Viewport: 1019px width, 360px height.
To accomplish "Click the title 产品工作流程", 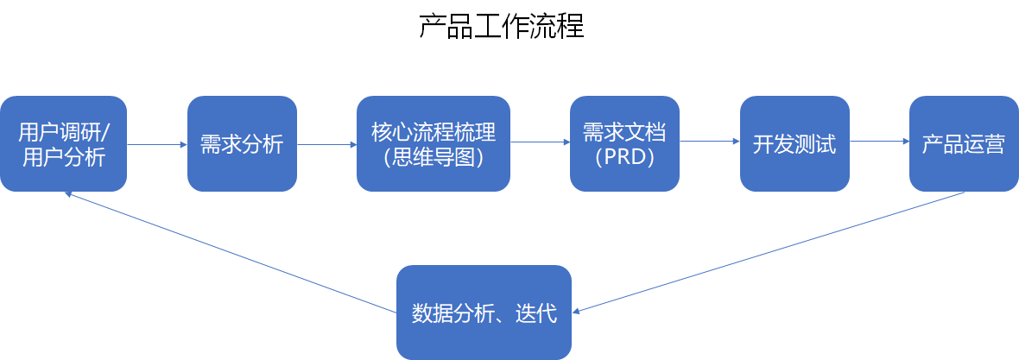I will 501,27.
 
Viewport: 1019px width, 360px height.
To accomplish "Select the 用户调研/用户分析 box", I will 63,143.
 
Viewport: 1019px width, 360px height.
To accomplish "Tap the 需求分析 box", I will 242,143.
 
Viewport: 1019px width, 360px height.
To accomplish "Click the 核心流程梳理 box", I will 434,143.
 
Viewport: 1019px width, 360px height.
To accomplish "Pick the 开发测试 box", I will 794,143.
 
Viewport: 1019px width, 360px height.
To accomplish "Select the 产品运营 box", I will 963,143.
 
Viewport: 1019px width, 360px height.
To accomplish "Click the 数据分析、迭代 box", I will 484,313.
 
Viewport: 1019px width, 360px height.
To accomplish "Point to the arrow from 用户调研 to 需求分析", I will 156,144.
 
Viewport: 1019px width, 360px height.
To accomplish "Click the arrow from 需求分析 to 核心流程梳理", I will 326,144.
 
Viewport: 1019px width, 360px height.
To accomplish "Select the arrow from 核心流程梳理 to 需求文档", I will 540,142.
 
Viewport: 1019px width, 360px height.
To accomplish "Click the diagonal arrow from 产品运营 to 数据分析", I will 769,252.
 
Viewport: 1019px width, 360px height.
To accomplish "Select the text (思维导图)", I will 434,158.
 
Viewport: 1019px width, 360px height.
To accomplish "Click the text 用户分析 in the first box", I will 63,158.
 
